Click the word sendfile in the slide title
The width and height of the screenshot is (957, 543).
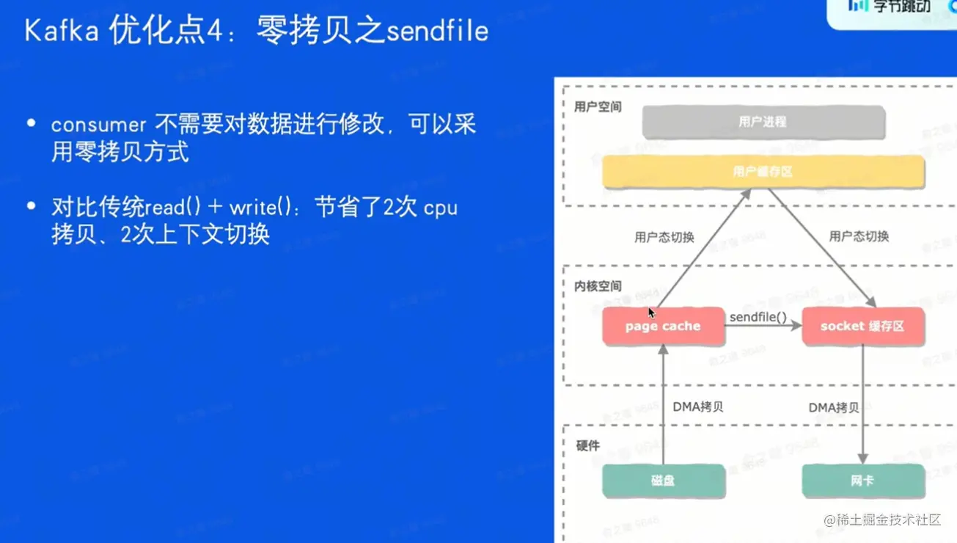(x=437, y=31)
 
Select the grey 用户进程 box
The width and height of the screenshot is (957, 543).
(x=763, y=123)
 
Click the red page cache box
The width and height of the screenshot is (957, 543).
(x=663, y=327)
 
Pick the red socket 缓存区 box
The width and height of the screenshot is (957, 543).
(x=862, y=327)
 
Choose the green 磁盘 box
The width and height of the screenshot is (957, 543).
(x=663, y=481)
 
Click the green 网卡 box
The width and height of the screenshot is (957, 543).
(x=863, y=481)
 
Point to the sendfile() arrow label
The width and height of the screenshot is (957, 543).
(x=758, y=317)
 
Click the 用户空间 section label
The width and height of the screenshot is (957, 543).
(x=598, y=107)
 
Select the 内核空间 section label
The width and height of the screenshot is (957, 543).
(x=598, y=286)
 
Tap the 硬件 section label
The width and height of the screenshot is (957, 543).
(x=588, y=445)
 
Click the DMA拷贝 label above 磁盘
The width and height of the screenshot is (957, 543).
(x=697, y=407)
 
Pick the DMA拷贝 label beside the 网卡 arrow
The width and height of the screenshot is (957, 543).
(x=833, y=407)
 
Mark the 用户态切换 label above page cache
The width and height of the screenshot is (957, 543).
(x=664, y=237)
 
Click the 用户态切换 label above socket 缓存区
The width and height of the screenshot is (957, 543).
(x=859, y=236)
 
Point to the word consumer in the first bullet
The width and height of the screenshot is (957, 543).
(x=99, y=125)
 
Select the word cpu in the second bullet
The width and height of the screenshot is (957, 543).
(x=440, y=207)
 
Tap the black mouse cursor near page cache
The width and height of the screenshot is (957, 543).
(x=651, y=313)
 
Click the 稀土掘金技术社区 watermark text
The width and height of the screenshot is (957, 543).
(x=889, y=520)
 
